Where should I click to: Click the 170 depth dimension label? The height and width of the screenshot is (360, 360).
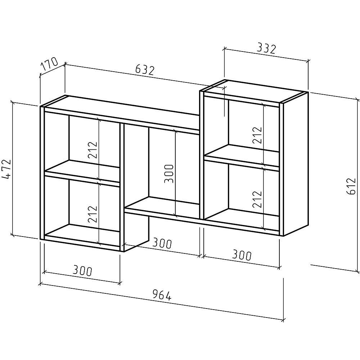click(x=50, y=65)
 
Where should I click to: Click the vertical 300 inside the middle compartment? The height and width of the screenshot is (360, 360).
click(x=169, y=174)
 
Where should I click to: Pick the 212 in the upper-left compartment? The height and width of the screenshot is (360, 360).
click(x=93, y=149)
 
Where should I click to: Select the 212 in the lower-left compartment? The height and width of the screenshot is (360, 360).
click(x=93, y=213)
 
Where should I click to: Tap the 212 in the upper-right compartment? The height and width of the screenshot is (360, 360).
click(x=257, y=135)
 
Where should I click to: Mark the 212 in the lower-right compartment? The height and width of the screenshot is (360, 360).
click(x=257, y=199)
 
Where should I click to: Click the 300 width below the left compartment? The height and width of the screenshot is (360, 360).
click(x=82, y=271)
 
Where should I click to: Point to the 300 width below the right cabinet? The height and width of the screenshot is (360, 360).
click(x=241, y=256)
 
